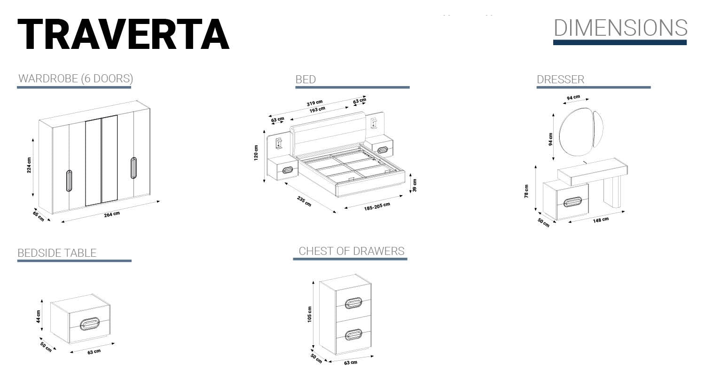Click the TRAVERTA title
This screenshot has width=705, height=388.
click(123, 34)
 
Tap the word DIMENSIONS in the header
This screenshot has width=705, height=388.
click(620, 28)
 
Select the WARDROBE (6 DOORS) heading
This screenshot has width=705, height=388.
click(76, 79)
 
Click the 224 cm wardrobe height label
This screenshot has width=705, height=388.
click(29, 165)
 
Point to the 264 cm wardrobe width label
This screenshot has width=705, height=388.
click(112, 214)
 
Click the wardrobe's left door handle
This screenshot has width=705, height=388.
click(69, 181)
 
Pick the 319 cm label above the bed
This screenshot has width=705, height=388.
click(315, 103)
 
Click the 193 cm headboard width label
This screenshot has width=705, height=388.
click(317, 110)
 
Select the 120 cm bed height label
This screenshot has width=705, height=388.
click(256, 153)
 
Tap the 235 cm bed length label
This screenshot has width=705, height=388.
click(304, 201)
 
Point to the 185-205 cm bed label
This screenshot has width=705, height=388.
click(377, 206)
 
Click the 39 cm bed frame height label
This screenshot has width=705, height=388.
click(415, 185)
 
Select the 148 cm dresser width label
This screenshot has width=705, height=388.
click(601, 220)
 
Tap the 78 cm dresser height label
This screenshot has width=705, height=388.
click(526, 191)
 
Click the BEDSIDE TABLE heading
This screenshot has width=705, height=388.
click(57, 253)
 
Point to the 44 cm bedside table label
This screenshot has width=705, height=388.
click(39, 317)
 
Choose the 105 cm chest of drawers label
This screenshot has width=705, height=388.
click(309, 314)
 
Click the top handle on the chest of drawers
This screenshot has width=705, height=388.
click(353, 303)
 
